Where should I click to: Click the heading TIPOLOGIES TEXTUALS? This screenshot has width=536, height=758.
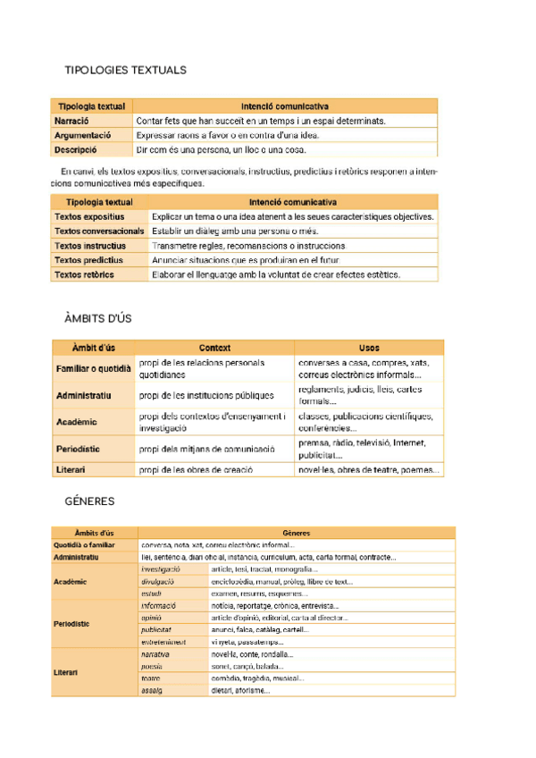coord(126,70)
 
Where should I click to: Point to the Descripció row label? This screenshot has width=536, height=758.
coord(75,150)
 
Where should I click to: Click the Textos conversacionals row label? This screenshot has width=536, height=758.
coord(98,231)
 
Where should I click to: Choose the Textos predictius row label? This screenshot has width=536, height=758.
coord(88,260)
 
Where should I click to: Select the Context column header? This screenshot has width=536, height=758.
coord(214,348)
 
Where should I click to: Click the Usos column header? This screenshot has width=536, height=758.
coord(368,348)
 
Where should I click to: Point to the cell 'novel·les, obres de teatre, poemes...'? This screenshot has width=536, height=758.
coord(368,469)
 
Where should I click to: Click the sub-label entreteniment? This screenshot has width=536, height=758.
coord(163,642)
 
